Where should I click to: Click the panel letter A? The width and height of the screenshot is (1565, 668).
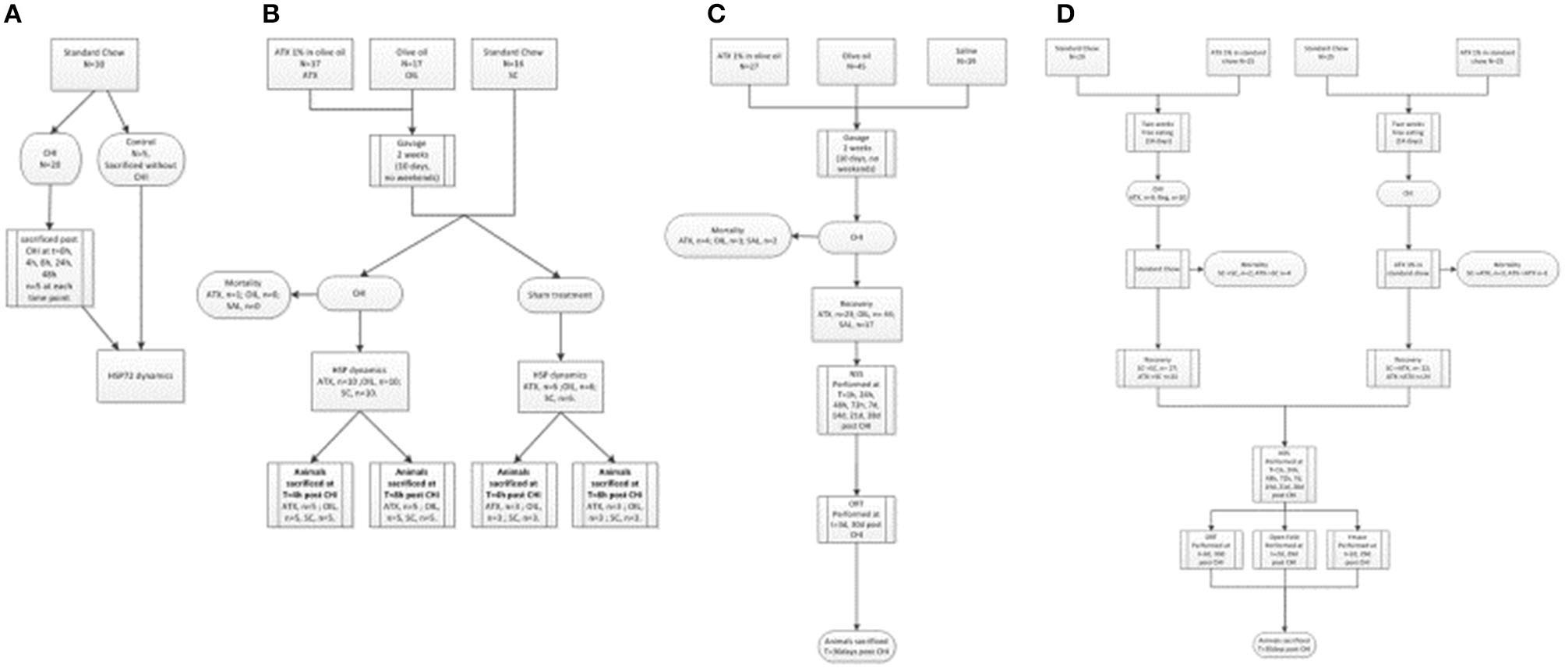(x=12, y=14)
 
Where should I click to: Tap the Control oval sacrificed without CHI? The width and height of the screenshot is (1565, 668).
(x=141, y=160)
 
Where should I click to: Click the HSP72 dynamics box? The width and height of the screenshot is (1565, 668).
(x=140, y=375)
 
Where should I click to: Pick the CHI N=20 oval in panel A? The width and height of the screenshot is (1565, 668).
(x=51, y=159)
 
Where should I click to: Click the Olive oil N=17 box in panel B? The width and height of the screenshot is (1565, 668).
(x=412, y=63)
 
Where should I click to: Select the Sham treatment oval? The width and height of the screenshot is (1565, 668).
(x=560, y=295)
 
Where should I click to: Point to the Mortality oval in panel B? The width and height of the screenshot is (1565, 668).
(x=244, y=295)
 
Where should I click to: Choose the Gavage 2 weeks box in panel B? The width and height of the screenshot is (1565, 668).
(x=412, y=161)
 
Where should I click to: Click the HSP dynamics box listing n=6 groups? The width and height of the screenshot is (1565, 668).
(x=560, y=386)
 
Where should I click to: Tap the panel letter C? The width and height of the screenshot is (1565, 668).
(x=716, y=14)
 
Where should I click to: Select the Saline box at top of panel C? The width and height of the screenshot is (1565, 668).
(x=966, y=61)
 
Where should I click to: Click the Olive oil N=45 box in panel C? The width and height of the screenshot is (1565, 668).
(x=857, y=61)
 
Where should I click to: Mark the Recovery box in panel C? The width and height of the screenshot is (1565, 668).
(x=857, y=314)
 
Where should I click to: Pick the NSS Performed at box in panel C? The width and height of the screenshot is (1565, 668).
(x=857, y=400)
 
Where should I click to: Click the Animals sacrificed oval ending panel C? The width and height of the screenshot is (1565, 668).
(x=857, y=645)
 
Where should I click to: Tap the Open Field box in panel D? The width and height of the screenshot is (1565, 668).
(x=1284, y=550)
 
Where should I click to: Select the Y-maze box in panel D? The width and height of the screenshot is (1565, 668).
(x=1357, y=550)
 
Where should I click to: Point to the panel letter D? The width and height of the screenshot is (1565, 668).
(x=1065, y=14)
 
